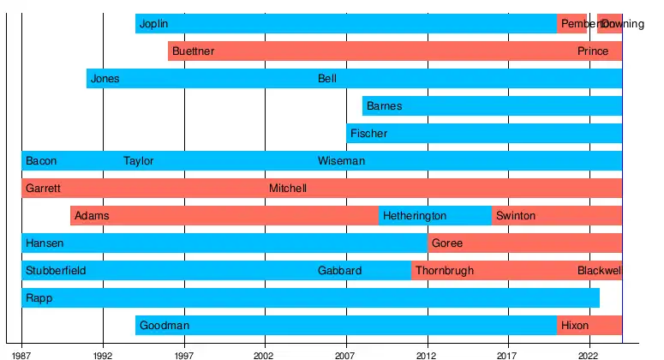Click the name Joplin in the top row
(x=153, y=24)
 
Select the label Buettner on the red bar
(x=193, y=51)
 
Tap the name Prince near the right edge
(x=593, y=51)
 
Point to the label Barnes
(x=384, y=106)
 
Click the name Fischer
(x=368, y=134)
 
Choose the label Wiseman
(x=341, y=161)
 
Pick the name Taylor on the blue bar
(x=138, y=161)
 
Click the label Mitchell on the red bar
(x=287, y=189)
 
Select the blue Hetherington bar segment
(x=435, y=216)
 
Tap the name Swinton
(x=515, y=216)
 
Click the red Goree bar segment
(x=524, y=243)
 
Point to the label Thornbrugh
(x=444, y=271)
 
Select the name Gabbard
(x=339, y=271)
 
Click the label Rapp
(x=39, y=298)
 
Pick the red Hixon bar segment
(x=589, y=326)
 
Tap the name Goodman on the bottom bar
(x=164, y=326)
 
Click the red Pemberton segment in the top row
(x=571, y=24)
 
